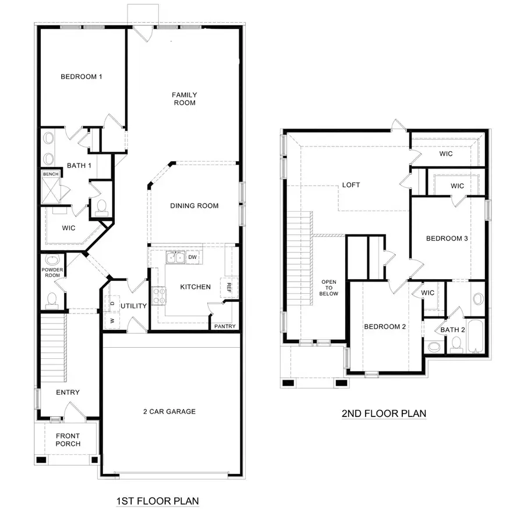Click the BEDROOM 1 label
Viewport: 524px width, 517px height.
(x=82, y=76)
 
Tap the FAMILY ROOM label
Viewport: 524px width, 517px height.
(x=183, y=98)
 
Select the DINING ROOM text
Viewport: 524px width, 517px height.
(x=194, y=205)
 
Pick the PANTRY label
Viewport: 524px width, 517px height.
(x=224, y=326)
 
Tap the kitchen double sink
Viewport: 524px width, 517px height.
(x=175, y=257)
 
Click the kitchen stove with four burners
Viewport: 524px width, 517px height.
(x=158, y=295)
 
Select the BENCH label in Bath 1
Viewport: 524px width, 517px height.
(x=48, y=174)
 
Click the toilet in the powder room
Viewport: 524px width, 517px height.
(x=51, y=299)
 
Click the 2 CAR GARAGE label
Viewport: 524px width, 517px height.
(x=169, y=412)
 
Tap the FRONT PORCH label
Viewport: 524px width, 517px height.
(x=68, y=440)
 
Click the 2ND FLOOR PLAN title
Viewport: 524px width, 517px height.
(x=383, y=413)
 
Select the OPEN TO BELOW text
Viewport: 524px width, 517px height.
(x=329, y=288)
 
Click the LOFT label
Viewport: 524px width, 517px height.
(x=351, y=185)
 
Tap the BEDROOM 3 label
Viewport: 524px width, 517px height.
(x=447, y=238)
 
